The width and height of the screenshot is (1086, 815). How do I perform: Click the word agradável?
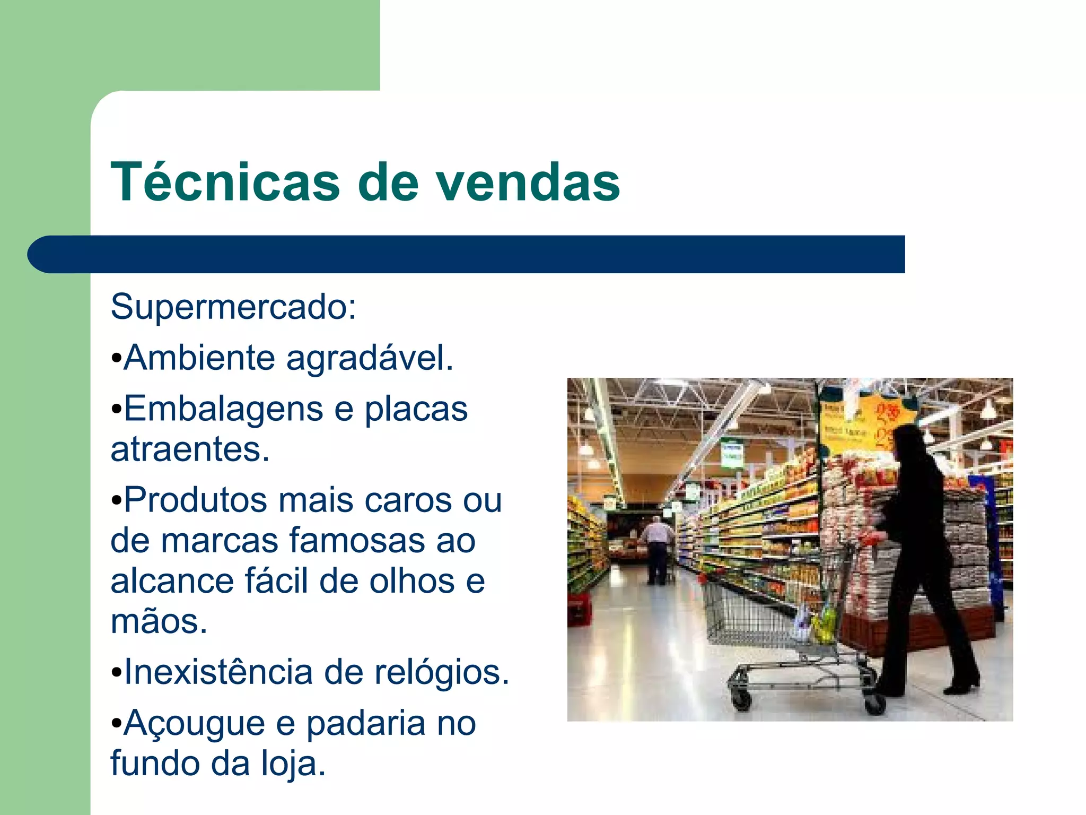370,358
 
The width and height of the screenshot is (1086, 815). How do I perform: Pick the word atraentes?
190,449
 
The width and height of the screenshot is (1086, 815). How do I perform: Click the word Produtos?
195,500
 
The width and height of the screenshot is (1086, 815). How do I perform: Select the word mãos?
158,621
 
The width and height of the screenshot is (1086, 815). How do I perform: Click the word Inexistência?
218,672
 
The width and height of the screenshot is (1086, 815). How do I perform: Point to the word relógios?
441,672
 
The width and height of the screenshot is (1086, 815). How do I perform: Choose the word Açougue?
194,723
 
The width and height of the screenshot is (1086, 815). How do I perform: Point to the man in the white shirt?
658,549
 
